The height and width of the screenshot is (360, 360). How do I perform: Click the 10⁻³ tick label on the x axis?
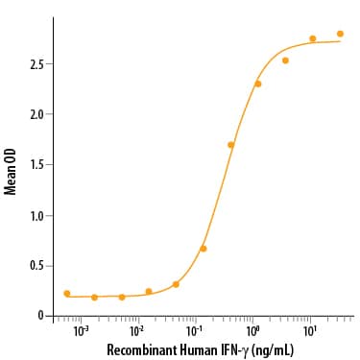coord(83,330)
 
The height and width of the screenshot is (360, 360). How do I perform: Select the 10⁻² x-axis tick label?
coord(139,330)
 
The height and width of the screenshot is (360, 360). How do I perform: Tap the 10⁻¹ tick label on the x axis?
coord(196,330)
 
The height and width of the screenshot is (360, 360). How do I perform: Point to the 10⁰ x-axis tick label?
coord(253,330)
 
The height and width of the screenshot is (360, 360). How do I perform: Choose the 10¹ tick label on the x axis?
coord(310,330)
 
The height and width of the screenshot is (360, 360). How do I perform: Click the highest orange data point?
coord(340,34)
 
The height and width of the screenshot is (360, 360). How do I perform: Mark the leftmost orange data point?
coord(66,294)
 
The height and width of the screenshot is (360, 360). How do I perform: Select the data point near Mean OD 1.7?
coord(230,145)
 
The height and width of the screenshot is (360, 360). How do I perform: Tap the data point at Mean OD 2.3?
coord(257,84)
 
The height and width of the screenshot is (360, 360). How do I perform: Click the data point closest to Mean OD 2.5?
coord(285,60)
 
